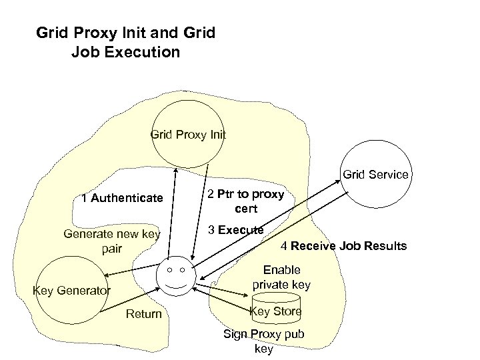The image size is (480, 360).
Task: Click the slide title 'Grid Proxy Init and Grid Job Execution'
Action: coord(125,41)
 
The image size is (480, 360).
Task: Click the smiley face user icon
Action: coord(176,277)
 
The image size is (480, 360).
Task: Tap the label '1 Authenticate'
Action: coord(121,197)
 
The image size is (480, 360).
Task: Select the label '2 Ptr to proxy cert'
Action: coord(245,201)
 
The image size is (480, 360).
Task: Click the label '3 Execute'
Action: coord(235,230)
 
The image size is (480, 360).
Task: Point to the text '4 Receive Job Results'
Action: coord(343,246)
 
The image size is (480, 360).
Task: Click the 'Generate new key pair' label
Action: coord(111,241)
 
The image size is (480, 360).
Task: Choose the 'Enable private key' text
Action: coord(282,277)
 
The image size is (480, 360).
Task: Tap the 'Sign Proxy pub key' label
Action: coord(263,341)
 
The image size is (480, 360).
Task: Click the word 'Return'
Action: coord(143,314)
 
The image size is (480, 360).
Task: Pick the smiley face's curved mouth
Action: coord(176,286)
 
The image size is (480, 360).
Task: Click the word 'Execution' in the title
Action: coord(144,51)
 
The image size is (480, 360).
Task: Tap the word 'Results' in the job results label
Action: coord(385,246)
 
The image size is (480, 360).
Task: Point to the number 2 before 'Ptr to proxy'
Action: coord(211,195)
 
